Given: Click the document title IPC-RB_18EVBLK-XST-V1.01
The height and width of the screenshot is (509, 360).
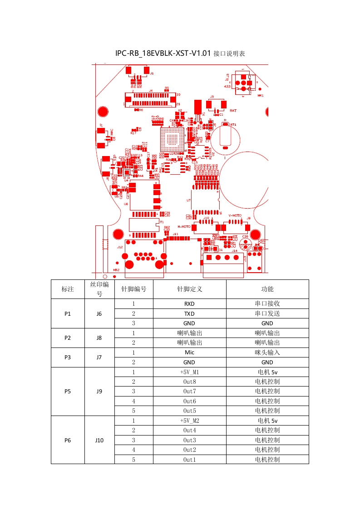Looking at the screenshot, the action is coord(163,54).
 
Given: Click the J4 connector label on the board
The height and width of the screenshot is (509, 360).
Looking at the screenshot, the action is coord(151,90).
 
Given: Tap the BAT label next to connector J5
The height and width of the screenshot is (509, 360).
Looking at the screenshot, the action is coord(233,110).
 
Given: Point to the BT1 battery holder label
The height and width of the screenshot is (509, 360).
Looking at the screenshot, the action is coord(233,124).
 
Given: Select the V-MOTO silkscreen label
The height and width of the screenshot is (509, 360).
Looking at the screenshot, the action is coord(235,215).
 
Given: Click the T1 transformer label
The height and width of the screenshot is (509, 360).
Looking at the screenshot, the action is coord(161,222).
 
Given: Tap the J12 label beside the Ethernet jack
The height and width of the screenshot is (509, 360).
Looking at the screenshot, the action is coord(120,247).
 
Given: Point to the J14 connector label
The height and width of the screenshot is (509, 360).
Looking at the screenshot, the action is coord(234,250).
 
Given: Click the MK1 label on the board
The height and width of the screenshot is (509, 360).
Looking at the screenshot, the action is coord(261,96).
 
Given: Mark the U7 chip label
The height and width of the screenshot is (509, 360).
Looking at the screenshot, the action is coord(188,200).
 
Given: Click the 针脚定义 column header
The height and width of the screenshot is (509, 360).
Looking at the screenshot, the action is coord(189,289).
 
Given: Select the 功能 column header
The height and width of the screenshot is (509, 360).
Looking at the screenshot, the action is coord(267,289).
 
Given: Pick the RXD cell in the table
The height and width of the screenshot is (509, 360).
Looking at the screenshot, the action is coord(189,304).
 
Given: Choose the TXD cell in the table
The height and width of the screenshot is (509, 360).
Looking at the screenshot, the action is coord(189,313).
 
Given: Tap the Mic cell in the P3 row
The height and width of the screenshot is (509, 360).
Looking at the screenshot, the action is coord(189,352).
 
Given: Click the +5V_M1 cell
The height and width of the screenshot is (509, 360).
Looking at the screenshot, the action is coord(189,372).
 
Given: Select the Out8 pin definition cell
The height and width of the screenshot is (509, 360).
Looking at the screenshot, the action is coord(189,382).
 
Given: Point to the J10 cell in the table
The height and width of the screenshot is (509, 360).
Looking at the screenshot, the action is coord(99,440).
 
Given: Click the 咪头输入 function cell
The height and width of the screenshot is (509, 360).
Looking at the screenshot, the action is coord(267,352).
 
